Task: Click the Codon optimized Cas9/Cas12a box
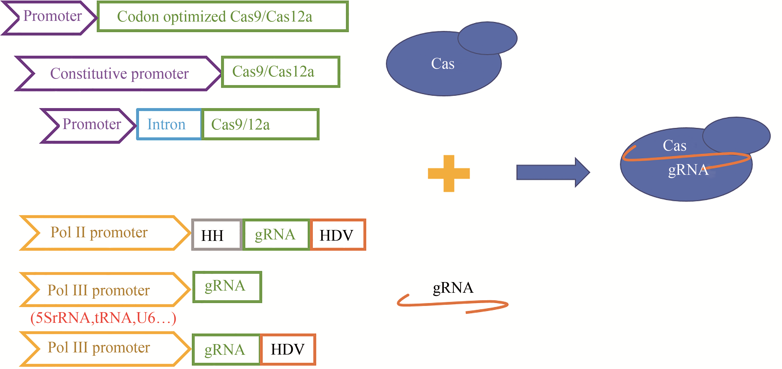point(223,16)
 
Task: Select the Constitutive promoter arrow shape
point(118,74)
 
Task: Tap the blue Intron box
point(169,124)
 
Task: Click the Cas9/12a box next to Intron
point(260,124)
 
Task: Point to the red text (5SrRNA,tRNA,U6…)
point(103,318)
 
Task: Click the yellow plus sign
point(449,173)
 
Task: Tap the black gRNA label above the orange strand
point(453,288)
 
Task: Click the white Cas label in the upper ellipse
point(443,64)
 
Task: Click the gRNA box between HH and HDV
point(276,235)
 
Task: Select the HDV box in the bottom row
point(288,350)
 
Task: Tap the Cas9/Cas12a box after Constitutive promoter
point(280,72)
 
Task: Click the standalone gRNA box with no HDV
point(227,287)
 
